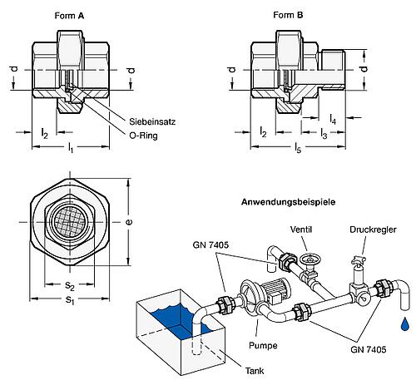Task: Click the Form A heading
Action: click(69, 16)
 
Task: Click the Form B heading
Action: click(288, 15)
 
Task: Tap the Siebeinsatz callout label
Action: click(152, 121)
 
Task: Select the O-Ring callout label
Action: click(143, 136)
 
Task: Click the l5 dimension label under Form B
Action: click(298, 148)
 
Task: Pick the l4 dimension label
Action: click(333, 119)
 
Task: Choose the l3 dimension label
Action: click(324, 134)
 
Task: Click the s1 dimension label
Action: click(70, 300)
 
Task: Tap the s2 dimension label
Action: click(70, 286)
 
